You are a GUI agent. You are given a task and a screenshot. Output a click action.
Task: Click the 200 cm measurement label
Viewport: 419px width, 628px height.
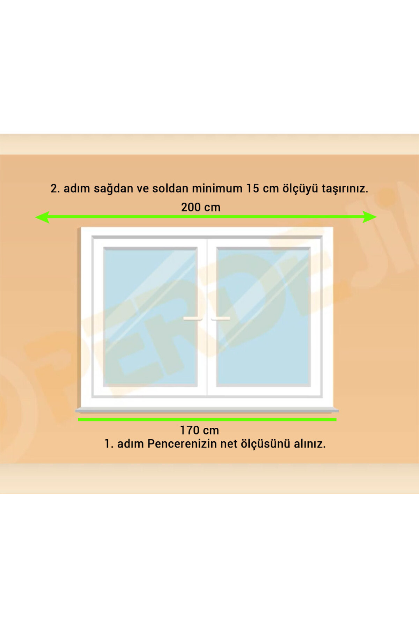pos(201,207)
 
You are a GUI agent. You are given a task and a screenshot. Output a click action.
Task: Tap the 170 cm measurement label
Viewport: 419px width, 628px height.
pos(199,430)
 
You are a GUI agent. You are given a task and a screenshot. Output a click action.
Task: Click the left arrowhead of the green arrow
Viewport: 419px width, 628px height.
pos(42,217)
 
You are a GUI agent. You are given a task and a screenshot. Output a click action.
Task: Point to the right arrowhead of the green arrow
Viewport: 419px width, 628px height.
pos(370,217)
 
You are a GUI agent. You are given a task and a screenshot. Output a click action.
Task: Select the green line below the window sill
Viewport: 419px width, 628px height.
pos(207,420)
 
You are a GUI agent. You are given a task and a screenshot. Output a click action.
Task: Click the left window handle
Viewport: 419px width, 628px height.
pos(193,318)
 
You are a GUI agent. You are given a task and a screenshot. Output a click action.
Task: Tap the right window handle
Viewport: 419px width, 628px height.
pos(221,318)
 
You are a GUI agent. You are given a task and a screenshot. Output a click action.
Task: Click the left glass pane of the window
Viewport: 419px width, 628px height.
pos(150,317)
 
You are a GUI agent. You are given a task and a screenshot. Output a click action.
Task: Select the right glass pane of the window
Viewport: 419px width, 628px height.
pos(264,317)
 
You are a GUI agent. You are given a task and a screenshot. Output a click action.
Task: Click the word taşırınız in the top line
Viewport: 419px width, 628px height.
pos(345,189)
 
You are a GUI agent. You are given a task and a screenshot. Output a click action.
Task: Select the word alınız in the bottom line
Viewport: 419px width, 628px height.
pos(310,444)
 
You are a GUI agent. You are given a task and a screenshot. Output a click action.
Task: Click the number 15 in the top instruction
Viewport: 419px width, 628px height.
pos(253,188)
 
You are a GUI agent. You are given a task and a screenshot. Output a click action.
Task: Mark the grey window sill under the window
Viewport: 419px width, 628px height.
pos(207,411)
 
